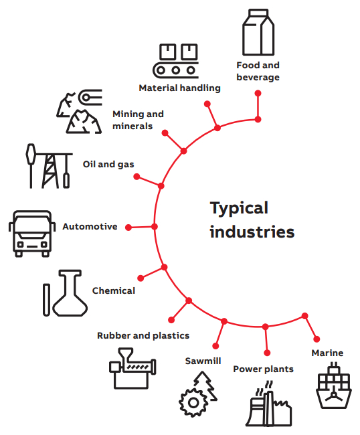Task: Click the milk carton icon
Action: click(x=258, y=33)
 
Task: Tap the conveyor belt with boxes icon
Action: click(x=175, y=61)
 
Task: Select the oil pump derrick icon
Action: click(x=49, y=166)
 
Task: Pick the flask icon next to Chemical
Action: click(x=70, y=293)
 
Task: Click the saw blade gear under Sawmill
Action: click(x=193, y=402)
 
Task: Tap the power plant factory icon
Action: click(x=269, y=404)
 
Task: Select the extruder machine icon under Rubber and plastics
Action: click(x=132, y=368)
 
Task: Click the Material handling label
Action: click(x=180, y=88)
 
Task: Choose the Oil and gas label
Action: click(x=108, y=164)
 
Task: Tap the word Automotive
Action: click(x=90, y=226)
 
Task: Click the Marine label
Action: click(x=327, y=353)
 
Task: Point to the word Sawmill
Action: click(x=203, y=361)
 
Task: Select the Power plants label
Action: click(x=263, y=369)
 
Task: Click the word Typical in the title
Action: click(x=239, y=209)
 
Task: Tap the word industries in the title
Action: click(x=252, y=232)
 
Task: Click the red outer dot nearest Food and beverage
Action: click(x=258, y=93)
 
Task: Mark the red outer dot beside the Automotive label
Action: click(x=128, y=228)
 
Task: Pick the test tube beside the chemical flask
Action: click(x=46, y=300)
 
